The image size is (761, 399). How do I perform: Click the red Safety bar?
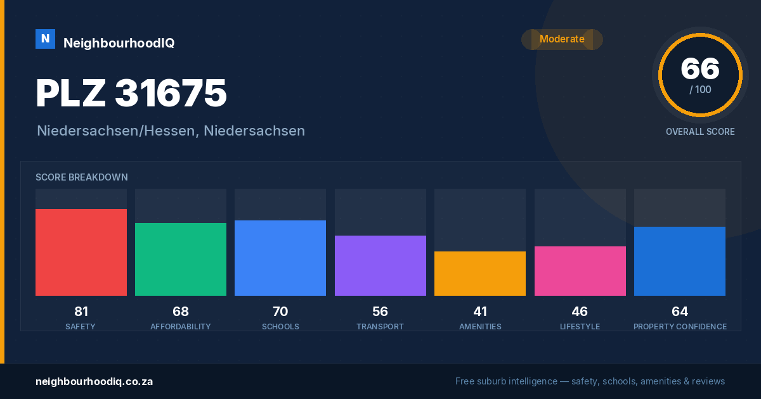[x=81, y=252]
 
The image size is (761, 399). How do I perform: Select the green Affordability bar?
[x=181, y=259]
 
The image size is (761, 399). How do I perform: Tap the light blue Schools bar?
[x=280, y=258]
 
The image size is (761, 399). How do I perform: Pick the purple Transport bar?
[x=380, y=265]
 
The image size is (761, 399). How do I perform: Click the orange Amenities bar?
[x=480, y=274]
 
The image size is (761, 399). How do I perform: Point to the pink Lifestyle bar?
[x=580, y=271]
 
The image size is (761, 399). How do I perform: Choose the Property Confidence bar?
[x=680, y=261]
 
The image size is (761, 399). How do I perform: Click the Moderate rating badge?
[x=563, y=39]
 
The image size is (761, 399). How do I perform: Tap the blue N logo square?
[x=45, y=39]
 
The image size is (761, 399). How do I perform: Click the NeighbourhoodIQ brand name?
[x=119, y=43]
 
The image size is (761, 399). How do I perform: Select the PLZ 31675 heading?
[x=131, y=93]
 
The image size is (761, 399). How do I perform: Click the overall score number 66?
[x=700, y=69]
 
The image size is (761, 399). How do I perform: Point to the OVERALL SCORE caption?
[x=700, y=132]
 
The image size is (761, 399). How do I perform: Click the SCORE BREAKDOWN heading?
[x=82, y=177]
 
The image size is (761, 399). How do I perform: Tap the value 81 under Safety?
[x=81, y=312]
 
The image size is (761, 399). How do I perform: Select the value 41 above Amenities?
[x=480, y=312]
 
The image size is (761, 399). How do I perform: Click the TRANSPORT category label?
[x=380, y=326]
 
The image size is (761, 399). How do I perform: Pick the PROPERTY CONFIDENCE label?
[x=680, y=326]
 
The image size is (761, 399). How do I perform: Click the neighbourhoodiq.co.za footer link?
[x=94, y=382]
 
